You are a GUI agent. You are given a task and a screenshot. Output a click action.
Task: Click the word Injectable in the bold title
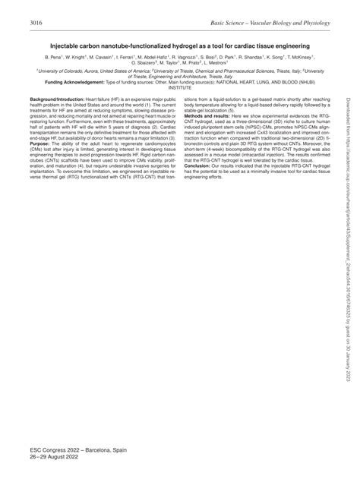pos(70,46)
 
